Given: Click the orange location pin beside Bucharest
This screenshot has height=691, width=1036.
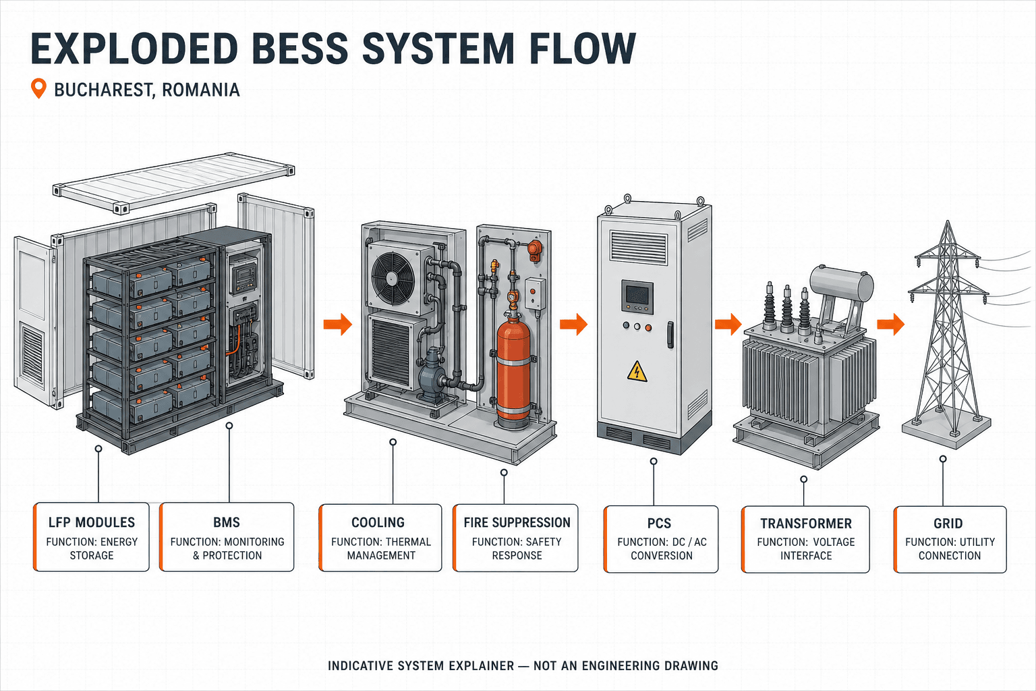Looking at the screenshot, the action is (38, 88).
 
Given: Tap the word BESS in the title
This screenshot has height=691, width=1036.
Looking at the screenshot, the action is (300, 49).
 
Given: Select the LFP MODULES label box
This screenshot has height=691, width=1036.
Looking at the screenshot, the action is (92, 537).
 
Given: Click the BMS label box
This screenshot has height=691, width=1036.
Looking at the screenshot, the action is (227, 537).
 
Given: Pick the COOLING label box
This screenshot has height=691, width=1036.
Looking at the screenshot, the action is (380, 538).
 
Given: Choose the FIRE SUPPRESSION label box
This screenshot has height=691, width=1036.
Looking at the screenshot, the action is (516, 538).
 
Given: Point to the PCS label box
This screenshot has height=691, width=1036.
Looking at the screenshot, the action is (661, 539).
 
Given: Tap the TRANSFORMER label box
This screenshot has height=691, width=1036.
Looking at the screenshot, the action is (805, 539).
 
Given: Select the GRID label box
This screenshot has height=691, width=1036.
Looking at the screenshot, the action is (950, 539).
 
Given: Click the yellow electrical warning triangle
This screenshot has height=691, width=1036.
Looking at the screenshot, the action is (637, 371).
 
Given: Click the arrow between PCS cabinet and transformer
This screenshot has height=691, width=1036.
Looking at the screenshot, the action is (728, 324).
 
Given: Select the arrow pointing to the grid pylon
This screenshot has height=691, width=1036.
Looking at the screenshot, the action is (891, 324).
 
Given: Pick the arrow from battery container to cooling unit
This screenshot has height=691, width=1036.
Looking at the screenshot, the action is (338, 324).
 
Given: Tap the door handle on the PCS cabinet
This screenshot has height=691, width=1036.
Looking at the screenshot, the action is (670, 335).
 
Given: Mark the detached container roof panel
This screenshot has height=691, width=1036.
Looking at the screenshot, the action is (173, 183).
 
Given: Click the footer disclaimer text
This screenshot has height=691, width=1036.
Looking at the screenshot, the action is (523, 665).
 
